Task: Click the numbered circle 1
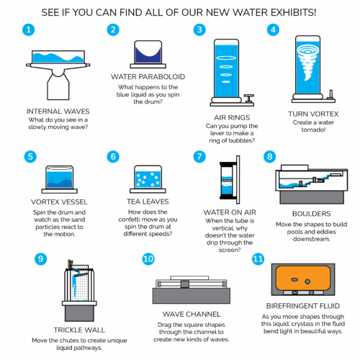click(29, 30)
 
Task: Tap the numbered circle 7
click(199, 157)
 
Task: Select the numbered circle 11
click(258, 259)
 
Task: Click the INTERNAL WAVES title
click(58, 112)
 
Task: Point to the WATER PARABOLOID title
click(148, 77)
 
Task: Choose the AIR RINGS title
click(232, 117)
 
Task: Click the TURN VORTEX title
click(313, 114)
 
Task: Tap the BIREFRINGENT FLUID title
click(303, 306)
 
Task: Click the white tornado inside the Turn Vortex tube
click(307, 62)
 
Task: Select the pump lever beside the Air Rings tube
click(249, 98)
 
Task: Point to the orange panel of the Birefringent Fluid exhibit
click(303, 278)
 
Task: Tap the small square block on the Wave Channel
click(185, 284)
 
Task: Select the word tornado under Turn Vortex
click(313, 130)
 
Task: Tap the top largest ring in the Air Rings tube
click(226, 58)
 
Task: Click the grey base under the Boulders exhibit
click(312, 197)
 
